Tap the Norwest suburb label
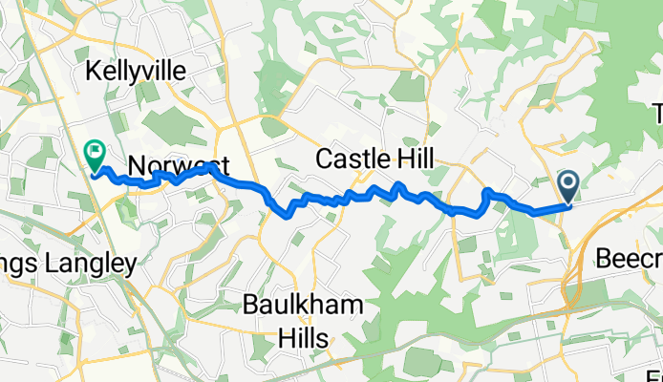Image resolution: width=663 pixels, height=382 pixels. coord(173,165)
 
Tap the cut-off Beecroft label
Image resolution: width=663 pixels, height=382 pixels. coord(630,256)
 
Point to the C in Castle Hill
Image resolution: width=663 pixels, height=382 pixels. coord(324,158)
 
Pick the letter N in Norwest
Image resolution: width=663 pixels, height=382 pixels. coord(136,165)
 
